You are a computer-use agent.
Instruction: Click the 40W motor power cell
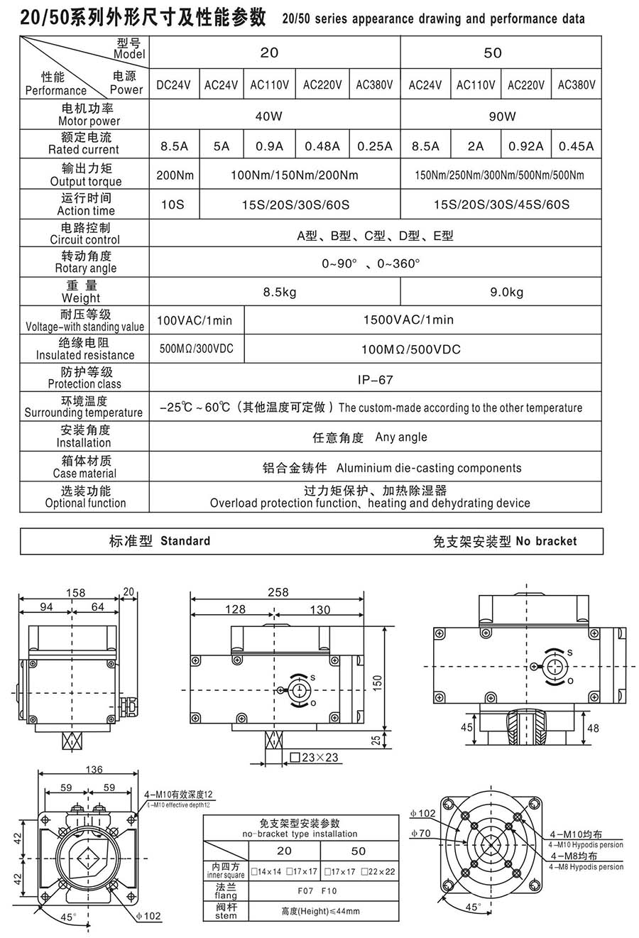click(269, 115)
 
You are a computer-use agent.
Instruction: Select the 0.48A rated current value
click(322, 146)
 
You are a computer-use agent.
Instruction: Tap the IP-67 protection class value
click(376, 379)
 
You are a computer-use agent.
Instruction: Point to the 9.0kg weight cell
click(507, 292)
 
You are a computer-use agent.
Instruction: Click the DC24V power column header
click(174, 84)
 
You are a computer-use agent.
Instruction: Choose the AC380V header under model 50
click(577, 84)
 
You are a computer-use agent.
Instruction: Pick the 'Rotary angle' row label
click(86, 262)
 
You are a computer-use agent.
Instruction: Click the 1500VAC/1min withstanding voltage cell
click(408, 320)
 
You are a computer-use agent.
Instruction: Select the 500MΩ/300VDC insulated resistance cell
click(196, 349)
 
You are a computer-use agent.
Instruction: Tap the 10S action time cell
click(173, 204)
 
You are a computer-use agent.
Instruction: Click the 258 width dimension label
click(278, 592)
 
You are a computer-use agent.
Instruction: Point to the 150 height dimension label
click(378, 681)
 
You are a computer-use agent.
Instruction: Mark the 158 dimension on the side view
click(75, 592)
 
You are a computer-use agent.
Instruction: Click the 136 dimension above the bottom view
click(94, 769)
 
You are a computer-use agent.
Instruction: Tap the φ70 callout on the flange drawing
click(420, 833)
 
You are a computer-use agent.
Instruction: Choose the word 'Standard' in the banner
click(185, 541)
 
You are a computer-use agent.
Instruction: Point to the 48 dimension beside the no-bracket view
click(594, 728)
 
